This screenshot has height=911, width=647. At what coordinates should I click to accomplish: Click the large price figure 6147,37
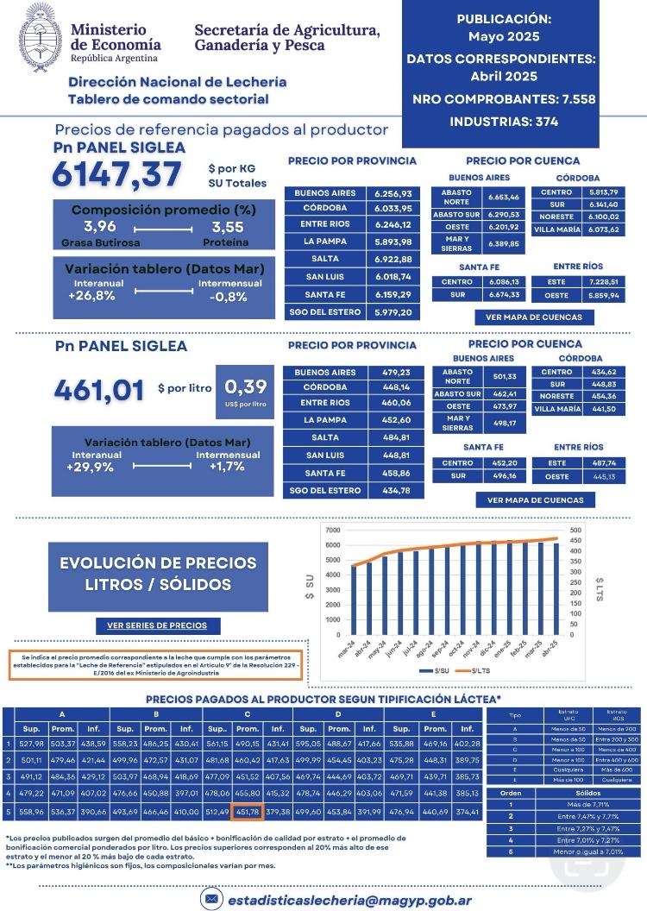[x=116, y=174]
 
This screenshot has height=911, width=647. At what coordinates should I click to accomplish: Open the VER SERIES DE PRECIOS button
[x=157, y=625]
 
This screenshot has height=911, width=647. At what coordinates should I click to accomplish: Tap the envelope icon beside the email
[x=210, y=898]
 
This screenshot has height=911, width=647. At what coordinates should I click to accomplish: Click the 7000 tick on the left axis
[x=332, y=530]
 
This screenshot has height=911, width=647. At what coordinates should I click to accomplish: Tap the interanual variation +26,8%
[x=92, y=296]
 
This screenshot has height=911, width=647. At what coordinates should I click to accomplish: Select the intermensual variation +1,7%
[x=227, y=466]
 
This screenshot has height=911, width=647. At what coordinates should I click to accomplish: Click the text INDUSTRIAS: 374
[x=503, y=122]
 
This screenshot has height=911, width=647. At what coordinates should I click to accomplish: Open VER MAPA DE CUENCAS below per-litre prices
[x=535, y=499]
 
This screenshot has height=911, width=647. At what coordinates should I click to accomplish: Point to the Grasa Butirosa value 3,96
[x=100, y=227]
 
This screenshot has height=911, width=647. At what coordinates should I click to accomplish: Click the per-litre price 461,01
[x=98, y=390]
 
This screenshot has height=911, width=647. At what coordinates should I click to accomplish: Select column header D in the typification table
[x=338, y=713]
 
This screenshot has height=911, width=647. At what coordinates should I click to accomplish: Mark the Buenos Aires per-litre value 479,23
[x=393, y=373]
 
